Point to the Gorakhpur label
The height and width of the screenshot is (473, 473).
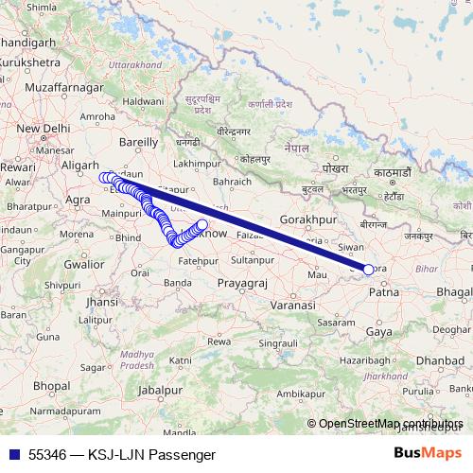click(308, 219)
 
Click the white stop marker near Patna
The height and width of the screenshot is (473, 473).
click(368, 270)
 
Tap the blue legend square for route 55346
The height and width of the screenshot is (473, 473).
click(14, 455)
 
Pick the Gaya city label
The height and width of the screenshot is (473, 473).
click(379, 332)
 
